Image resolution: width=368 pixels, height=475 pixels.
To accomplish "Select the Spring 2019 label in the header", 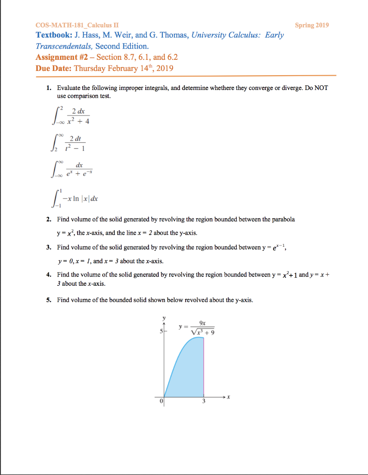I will point(312,25).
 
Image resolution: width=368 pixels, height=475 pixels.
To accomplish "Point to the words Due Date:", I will point(53,68).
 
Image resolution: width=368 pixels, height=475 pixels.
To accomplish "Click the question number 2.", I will point(49,219).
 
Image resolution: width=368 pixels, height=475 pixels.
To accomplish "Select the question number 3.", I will point(49,247).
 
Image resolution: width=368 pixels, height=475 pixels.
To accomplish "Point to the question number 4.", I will point(49,275).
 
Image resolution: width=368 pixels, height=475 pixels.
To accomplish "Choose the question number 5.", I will point(49,300).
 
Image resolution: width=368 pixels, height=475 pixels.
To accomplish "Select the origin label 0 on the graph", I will point(161,402).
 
